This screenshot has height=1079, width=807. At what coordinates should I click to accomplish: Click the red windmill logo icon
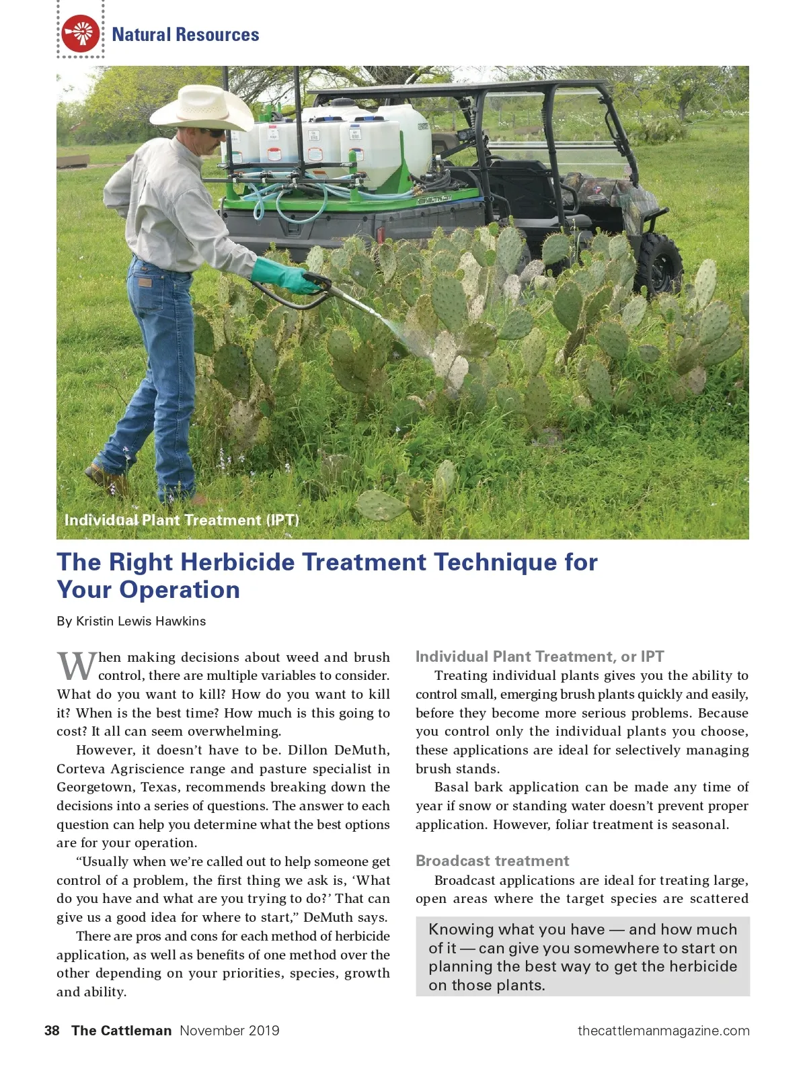tap(81, 34)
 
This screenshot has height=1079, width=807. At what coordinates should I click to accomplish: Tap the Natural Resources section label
tap(185, 35)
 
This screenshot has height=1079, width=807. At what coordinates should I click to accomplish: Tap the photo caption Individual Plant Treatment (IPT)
tap(182, 520)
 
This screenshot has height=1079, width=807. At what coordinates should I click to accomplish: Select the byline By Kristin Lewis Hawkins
tap(131, 621)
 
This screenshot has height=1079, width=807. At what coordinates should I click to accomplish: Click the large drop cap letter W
tap(77, 666)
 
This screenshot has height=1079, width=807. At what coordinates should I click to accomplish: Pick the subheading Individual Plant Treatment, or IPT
tap(539, 656)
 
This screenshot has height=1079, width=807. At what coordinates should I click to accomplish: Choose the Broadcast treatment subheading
tap(492, 861)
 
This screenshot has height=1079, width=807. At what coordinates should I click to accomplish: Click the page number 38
tap(52, 1031)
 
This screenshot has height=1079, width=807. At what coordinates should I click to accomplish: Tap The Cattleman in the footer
tap(122, 1031)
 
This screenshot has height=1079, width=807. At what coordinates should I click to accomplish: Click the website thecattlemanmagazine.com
tap(663, 1031)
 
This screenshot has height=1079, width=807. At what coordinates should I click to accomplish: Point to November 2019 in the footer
tap(229, 1031)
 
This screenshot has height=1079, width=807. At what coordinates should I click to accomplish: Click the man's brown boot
tap(106, 478)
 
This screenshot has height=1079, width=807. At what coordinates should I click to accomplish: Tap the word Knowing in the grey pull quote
tap(461, 929)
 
